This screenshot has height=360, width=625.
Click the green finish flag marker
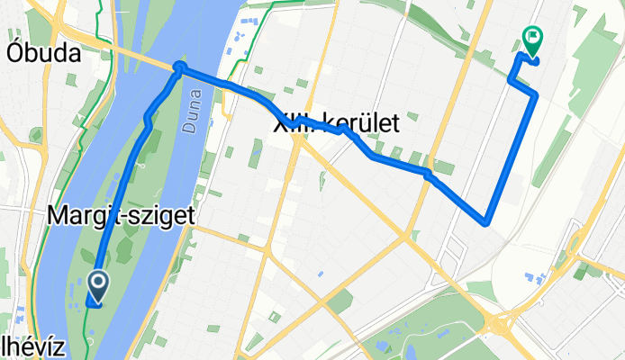coord(531,39)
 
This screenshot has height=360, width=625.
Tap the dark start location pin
coord(96,286)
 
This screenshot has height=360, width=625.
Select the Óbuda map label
coord(43,53)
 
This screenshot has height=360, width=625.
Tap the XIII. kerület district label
coord(336,125)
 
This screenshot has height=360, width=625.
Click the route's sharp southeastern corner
coord(486,220)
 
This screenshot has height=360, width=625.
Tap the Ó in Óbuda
coord(16,53)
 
